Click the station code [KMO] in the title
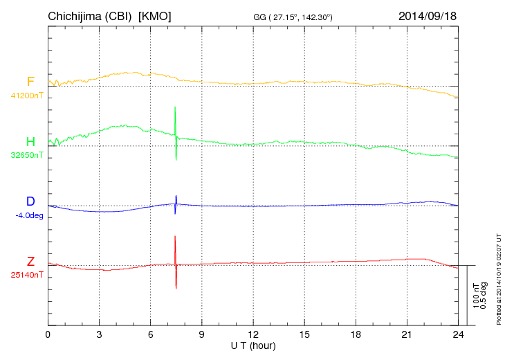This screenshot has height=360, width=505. click(x=155, y=15)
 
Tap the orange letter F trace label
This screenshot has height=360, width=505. click(x=30, y=82)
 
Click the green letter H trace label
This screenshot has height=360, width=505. click(x=30, y=142)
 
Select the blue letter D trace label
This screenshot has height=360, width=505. click(x=30, y=202)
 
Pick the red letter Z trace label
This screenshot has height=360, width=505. click(x=30, y=262)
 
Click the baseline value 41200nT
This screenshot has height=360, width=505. click(x=28, y=96)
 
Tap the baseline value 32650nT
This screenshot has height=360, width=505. click(x=28, y=155)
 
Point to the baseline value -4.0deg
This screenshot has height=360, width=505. click(x=29, y=215)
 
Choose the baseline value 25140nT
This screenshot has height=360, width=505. click(x=28, y=275)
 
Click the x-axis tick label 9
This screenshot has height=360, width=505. click(x=201, y=334)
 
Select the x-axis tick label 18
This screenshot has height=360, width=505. click(x=356, y=334)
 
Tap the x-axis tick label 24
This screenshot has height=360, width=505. click(x=458, y=334)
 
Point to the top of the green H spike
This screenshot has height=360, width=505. click(x=175, y=107)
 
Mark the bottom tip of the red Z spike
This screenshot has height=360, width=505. click(x=176, y=288)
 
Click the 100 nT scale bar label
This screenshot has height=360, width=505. click(x=476, y=295)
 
